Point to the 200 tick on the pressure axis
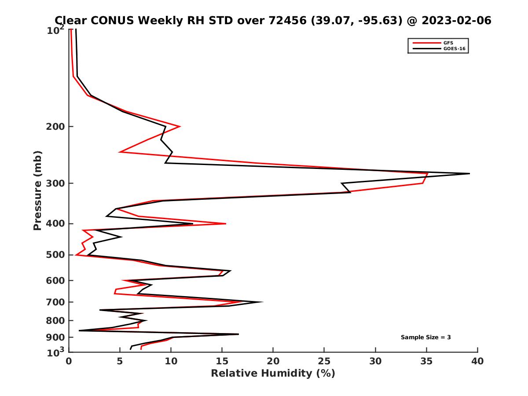(56, 127)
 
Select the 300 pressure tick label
(56, 183)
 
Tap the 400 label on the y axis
(56, 224)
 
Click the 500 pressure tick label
(56, 255)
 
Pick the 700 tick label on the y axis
(56, 302)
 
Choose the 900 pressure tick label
(56, 337)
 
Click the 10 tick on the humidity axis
(171, 361)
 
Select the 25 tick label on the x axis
(324, 361)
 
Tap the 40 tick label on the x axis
(477, 361)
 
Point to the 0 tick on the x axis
(69, 361)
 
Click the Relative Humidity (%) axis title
(273, 374)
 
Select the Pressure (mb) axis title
(37, 191)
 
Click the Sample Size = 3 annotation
(425, 337)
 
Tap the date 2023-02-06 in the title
(455, 21)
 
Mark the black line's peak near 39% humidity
(469, 174)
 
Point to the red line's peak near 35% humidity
(427, 173)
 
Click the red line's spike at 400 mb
(226, 224)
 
